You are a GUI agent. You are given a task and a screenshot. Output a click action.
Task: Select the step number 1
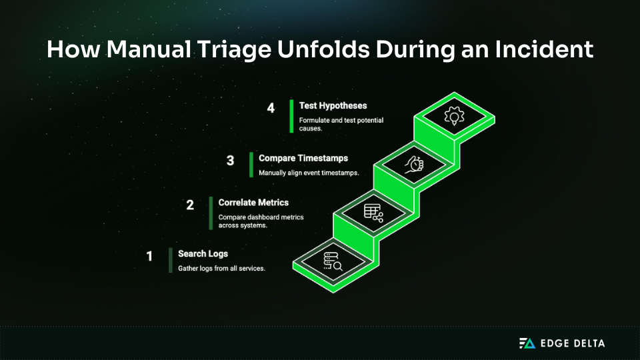[x=149, y=255]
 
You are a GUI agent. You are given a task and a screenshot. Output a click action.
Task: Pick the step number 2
[x=190, y=205]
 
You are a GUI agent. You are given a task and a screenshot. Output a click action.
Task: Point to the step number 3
[x=230, y=161]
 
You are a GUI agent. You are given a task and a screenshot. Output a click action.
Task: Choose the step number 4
[x=271, y=108]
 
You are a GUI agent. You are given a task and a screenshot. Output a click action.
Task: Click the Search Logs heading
[x=203, y=254]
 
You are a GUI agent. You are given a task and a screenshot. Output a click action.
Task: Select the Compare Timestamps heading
[x=303, y=158]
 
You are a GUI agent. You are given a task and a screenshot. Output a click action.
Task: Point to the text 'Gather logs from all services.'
[x=222, y=269]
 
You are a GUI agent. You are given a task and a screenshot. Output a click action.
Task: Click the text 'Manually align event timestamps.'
[x=309, y=173]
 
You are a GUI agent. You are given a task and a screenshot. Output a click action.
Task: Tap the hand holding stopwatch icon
[x=413, y=164]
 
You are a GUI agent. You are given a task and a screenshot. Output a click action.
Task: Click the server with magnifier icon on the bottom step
[x=333, y=262]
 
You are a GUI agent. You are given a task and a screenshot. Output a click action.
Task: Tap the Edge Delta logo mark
[x=527, y=343]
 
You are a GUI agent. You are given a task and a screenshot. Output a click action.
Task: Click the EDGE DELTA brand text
[x=573, y=343]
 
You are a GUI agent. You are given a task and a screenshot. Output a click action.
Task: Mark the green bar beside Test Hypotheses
[x=291, y=115]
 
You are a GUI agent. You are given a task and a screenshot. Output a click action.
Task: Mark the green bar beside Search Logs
[x=171, y=261]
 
